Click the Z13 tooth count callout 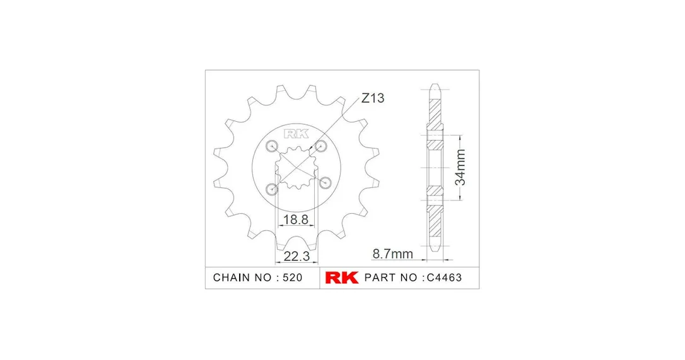tap(373, 98)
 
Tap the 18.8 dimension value tap(296, 219)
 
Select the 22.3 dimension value tap(296, 256)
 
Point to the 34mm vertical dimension tap(460, 168)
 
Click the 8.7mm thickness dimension tap(392, 254)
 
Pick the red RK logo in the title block tap(342, 277)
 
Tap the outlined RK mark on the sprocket tap(296, 134)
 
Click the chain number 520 tap(292, 278)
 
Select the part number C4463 tap(444, 278)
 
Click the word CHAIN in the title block tap(231, 278)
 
